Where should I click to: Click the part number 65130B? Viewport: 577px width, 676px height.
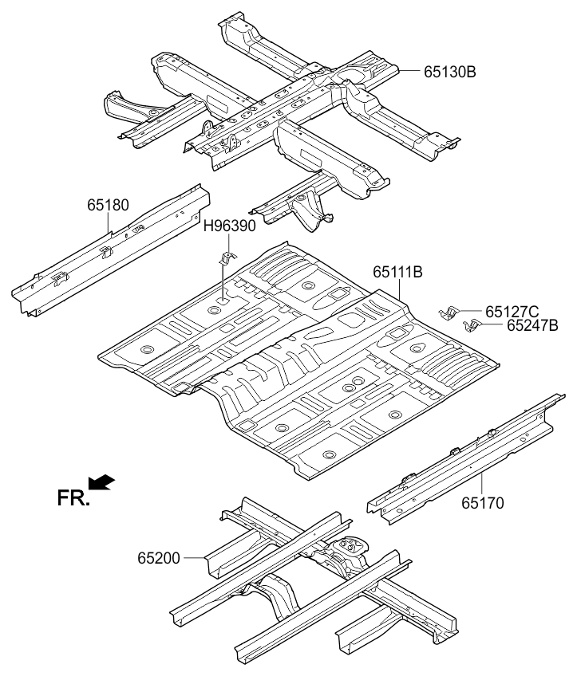(x=449, y=72)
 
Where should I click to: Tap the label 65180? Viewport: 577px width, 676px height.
(x=108, y=205)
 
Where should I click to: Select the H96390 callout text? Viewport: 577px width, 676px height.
(x=230, y=226)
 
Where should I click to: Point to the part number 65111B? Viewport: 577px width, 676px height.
(x=397, y=272)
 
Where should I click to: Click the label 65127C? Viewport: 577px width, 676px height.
(x=512, y=311)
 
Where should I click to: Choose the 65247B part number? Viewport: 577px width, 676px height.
(x=532, y=325)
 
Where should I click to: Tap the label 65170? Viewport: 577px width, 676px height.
(x=483, y=503)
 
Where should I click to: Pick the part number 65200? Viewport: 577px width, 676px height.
(x=159, y=558)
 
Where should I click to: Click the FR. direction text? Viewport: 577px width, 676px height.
(x=73, y=499)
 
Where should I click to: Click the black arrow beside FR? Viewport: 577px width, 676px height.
(x=102, y=482)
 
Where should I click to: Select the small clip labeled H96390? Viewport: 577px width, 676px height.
(x=229, y=257)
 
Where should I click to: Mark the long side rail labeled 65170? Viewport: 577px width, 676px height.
(x=466, y=458)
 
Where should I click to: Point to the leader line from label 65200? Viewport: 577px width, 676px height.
(x=194, y=558)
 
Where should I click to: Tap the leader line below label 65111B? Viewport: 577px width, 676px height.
(x=400, y=290)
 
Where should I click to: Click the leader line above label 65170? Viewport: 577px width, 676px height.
(x=482, y=483)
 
